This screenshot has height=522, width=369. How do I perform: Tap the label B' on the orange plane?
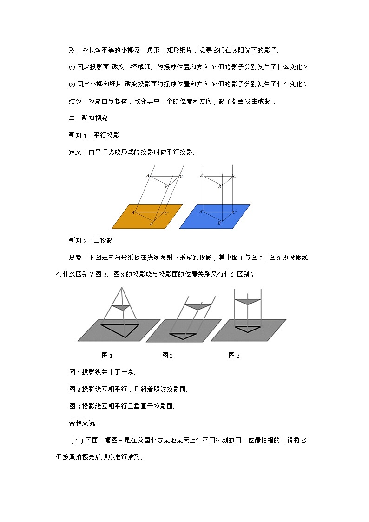pyautogui.click(x=151, y=224)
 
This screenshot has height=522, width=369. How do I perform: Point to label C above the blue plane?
pyautogui.click(x=235, y=176)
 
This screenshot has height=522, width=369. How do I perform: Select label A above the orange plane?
pyautogui.click(x=148, y=175)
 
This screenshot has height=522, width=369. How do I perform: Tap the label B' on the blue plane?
pyautogui.click(x=219, y=223)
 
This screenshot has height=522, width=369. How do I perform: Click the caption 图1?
pyautogui.click(x=107, y=355)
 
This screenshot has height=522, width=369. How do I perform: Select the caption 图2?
pyautogui.click(x=167, y=355)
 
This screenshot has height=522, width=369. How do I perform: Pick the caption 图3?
pyautogui.click(x=234, y=355)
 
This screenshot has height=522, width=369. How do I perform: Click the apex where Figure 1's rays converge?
pyautogui.click(x=122, y=289)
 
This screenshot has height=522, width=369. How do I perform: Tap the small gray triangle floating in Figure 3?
pyautogui.click(x=247, y=301)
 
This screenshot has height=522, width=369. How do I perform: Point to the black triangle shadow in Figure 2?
pyautogui.click(x=185, y=335)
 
